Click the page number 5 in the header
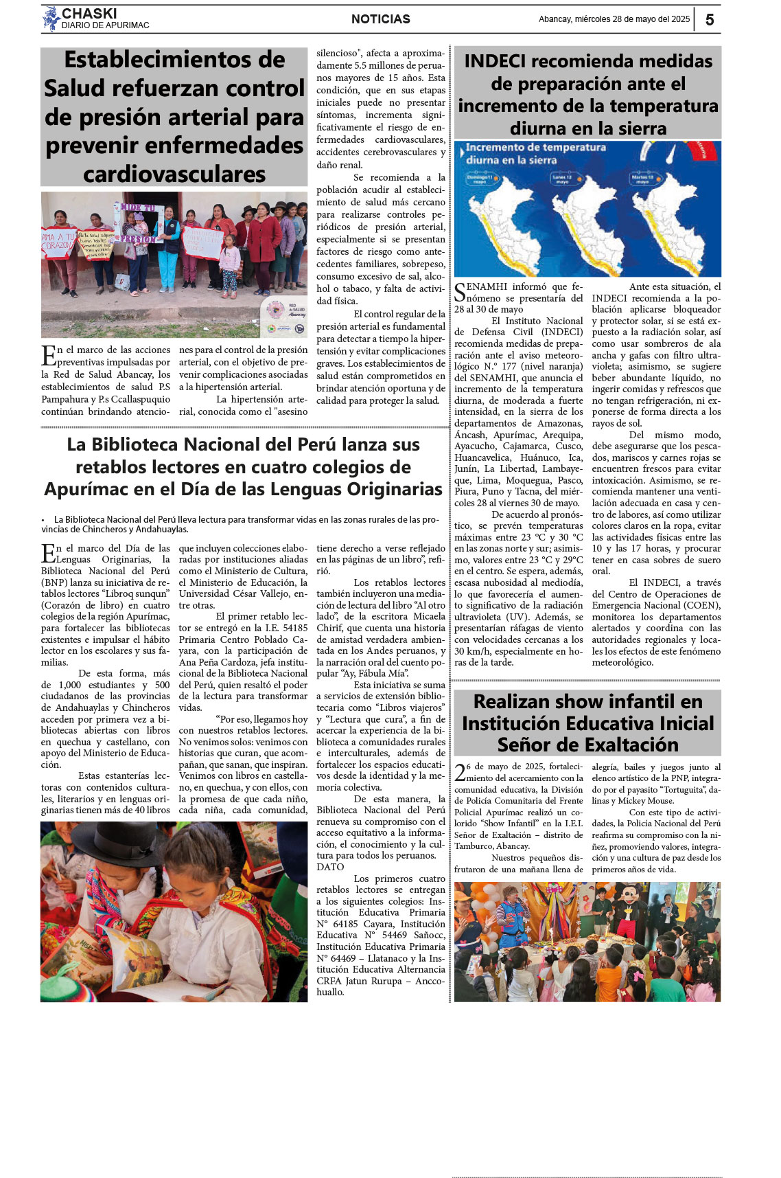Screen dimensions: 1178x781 click(x=710, y=19)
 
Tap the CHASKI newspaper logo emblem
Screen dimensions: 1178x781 click(x=51, y=19)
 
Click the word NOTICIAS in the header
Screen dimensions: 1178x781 click(x=380, y=19)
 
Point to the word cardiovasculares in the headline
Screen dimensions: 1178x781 click(x=174, y=174)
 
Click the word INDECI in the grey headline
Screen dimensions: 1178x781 click(x=495, y=61)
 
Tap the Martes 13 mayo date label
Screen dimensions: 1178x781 click(x=642, y=179)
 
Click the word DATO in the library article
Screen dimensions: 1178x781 click(x=330, y=867)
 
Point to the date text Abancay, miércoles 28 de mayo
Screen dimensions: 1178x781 click(x=614, y=19)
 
